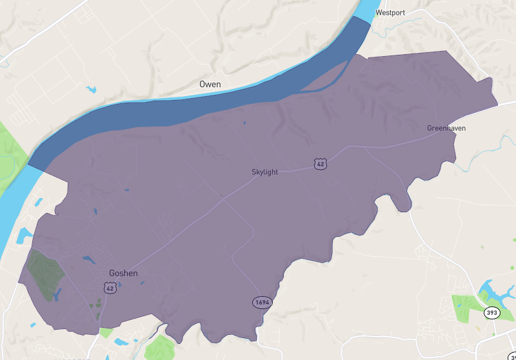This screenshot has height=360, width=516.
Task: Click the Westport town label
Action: tap(391, 12)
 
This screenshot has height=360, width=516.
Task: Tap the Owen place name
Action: tap(210, 85)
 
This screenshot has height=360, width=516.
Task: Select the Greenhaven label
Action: tap(446, 128)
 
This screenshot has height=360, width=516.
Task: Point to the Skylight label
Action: tap(266, 172)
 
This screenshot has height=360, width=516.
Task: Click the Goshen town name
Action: tap(123, 273)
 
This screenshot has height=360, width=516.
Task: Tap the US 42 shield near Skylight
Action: tap(320, 164)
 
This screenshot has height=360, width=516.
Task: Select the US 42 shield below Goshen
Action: tap(111, 288)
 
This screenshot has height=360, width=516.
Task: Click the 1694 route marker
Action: tap(261, 302)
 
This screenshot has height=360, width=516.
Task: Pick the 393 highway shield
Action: tap(492, 313)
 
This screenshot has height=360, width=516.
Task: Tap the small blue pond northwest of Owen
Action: tap(91, 89)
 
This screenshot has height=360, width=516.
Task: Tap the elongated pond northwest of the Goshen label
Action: tap(87, 259)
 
